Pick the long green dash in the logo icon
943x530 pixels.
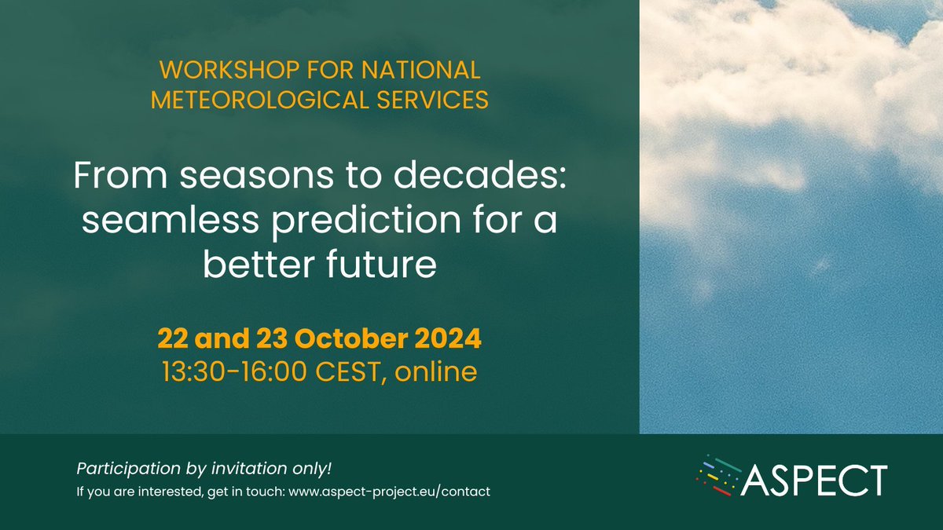(726, 463)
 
